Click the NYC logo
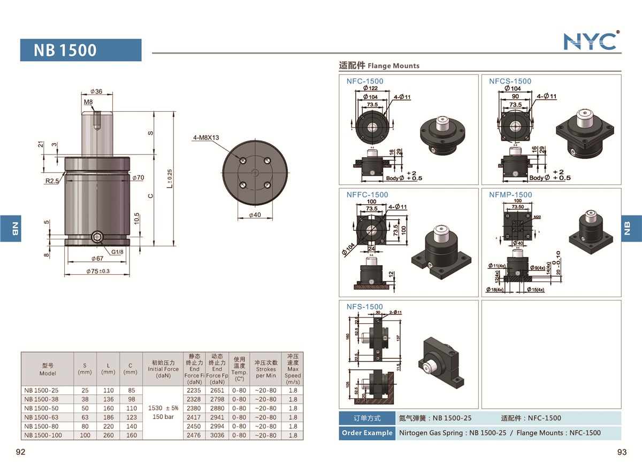(x=591, y=41)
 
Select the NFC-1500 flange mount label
(x=364, y=81)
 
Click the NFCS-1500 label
(x=510, y=81)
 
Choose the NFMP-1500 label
(x=510, y=195)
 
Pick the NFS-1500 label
(x=364, y=307)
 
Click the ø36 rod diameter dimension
(x=97, y=91)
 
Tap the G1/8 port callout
(x=118, y=252)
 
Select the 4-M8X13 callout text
(x=207, y=138)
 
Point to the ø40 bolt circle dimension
(x=255, y=215)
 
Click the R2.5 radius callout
(x=52, y=181)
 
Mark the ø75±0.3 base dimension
(x=98, y=272)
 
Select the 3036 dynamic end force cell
(x=217, y=436)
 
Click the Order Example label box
(x=366, y=433)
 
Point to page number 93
(x=622, y=452)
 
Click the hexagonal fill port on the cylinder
(x=97, y=239)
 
